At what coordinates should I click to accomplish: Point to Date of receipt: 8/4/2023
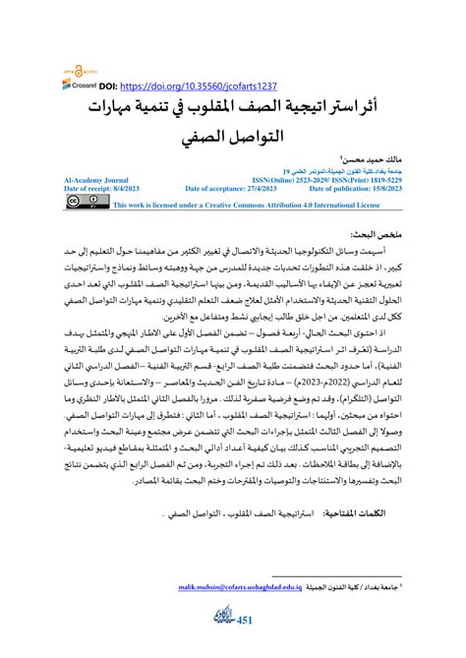click(102, 189)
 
